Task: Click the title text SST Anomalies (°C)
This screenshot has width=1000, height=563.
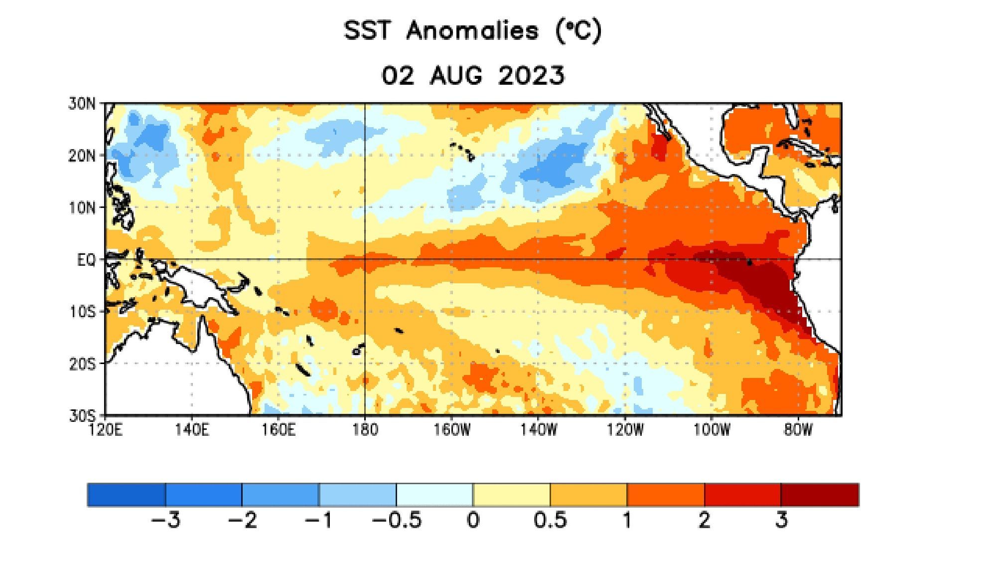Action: tap(472, 31)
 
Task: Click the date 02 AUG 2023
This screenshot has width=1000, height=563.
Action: tap(472, 76)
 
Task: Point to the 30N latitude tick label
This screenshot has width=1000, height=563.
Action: tap(82, 104)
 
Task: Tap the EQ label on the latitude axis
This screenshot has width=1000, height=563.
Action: tap(86, 260)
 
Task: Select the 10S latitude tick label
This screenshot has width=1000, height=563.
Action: tap(82, 312)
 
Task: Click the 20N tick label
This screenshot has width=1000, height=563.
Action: tap(82, 156)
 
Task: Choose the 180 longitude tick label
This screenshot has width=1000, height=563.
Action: tap(365, 429)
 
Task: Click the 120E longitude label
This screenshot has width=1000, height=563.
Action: tap(105, 429)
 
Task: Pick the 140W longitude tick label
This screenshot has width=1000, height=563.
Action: tap(538, 429)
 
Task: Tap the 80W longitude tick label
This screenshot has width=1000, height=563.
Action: tap(798, 429)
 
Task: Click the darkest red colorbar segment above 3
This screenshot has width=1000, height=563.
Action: tap(820, 495)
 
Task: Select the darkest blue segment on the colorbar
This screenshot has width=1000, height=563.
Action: tap(127, 495)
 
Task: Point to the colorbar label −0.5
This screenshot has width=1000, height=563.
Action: tap(397, 520)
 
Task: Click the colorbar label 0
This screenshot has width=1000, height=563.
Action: tap(473, 520)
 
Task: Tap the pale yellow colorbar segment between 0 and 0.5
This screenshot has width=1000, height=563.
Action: tap(512, 495)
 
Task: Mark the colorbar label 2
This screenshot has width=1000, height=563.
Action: tap(704, 520)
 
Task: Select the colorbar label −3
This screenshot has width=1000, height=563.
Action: tap(165, 520)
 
